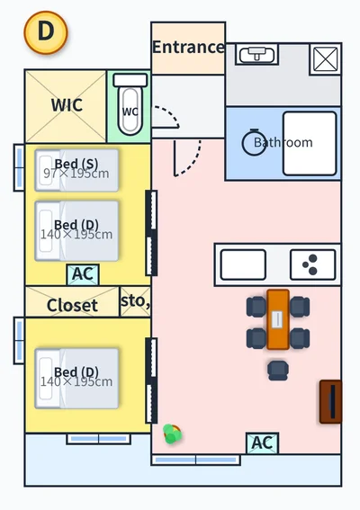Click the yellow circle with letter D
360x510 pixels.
[46, 32]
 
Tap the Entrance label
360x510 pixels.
[188, 47]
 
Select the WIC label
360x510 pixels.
[67, 104]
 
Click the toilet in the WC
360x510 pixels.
[130, 104]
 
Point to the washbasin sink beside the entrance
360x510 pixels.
[256, 55]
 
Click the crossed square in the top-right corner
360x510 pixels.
[326, 58]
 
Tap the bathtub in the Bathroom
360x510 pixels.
[310, 143]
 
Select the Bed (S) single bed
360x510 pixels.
[76, 170]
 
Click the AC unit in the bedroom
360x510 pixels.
[83, 274]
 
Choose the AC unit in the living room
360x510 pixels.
[263, 443]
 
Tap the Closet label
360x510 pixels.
[72, 305]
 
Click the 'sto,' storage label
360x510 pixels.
[135, 300]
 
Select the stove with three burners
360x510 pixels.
[313, 264]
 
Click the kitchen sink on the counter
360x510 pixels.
[243, 264]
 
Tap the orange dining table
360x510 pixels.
[278, 319]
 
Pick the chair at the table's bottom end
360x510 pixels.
[278, 371]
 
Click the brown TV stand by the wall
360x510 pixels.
[330, 402]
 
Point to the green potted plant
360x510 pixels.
[172, 434]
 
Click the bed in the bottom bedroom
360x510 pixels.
[76, 379]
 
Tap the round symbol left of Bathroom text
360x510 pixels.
[254, 142]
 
